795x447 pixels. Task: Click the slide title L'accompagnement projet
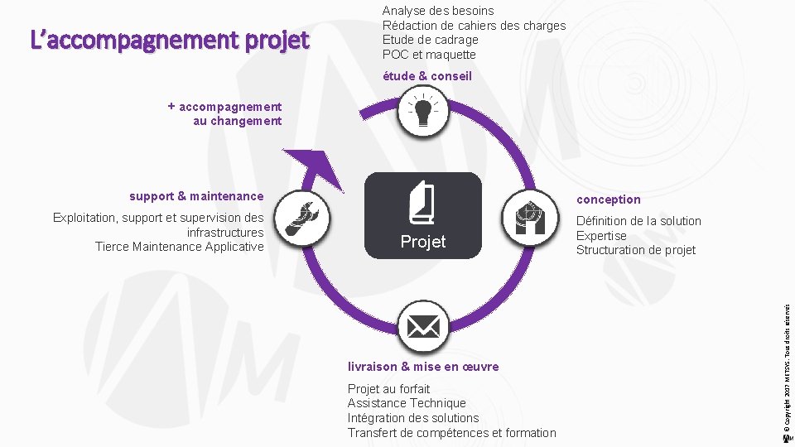click(169, 40)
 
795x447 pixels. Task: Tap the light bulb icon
click(422, 113)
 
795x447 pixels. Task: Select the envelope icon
click(422, 328)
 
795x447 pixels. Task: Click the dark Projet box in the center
click(422, 215)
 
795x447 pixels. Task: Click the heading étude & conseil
click(426, 76)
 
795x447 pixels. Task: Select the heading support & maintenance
click(196, 196)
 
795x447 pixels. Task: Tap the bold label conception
click(608, 199)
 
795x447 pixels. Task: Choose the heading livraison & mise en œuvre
click(423, 366)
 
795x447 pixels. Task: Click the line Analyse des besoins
click(437, 11)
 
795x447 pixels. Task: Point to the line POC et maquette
click(429, 55)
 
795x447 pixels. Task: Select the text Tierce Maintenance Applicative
click(179, 247)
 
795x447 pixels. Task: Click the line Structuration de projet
click(635, 250)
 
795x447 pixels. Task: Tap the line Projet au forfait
click(388, 388)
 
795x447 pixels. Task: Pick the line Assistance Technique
click(407, 403)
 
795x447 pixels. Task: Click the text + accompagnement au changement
click(225, 113)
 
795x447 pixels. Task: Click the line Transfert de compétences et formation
click(451, 433)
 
